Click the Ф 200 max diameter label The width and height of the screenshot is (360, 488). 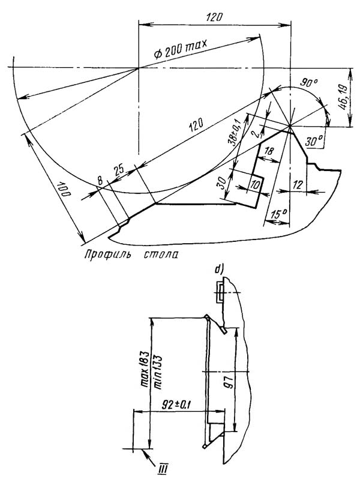point(180,49)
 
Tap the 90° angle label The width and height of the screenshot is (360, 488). point(308,83)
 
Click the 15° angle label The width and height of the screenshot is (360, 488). point(279,214)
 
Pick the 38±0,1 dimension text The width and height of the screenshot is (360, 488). point(236,133)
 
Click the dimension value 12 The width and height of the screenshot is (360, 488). point(298,185)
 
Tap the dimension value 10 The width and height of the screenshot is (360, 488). point(255,185)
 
